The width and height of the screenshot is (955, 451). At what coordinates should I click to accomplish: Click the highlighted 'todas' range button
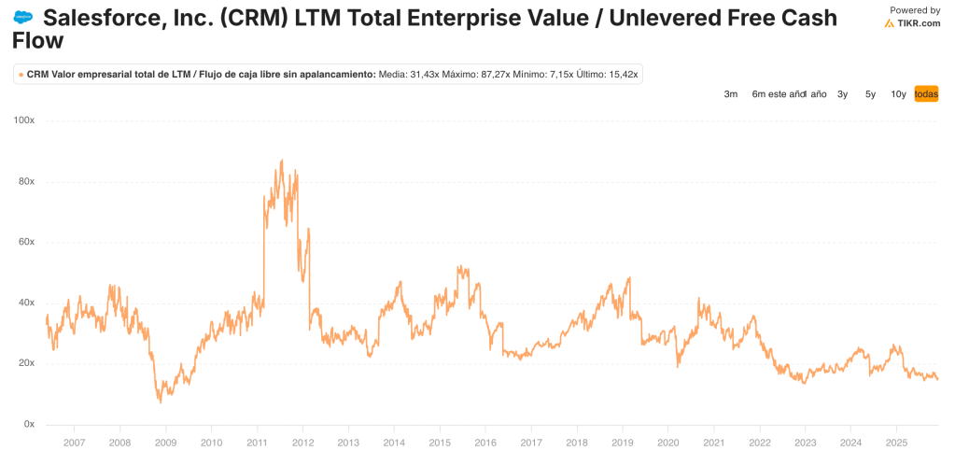click(x=926, y=94)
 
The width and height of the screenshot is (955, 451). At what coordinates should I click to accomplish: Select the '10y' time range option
click(x=898, y=94)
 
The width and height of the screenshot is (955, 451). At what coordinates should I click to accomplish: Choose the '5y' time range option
click(x=870, y=94)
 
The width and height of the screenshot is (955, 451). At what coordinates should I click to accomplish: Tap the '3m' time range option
click(x=731, y=94)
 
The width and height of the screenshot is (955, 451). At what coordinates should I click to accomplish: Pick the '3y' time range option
click(x=842, y=94)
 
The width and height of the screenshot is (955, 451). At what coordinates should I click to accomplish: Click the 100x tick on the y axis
click(x=23, y=120)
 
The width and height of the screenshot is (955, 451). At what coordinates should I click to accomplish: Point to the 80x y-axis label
click(x=25, y=181)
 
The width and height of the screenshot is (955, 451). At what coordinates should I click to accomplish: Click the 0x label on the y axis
click(x=28, y=424)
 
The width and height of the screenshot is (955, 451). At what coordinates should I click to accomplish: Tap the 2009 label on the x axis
click(x=165, y=443)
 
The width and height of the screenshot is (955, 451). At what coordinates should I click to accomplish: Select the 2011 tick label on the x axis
click(x=257, y=443)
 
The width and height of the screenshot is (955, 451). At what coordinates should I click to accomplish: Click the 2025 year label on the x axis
click(x=896, y=443)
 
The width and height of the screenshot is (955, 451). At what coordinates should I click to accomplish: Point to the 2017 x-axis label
click(x=531, y=443)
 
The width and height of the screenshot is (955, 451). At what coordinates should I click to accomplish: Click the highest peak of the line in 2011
click(x=282, y=161)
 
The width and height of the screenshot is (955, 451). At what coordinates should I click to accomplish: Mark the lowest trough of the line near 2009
click(x=160, y=402)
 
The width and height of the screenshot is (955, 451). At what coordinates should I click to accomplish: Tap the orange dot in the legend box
click(x=21, y=75)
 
